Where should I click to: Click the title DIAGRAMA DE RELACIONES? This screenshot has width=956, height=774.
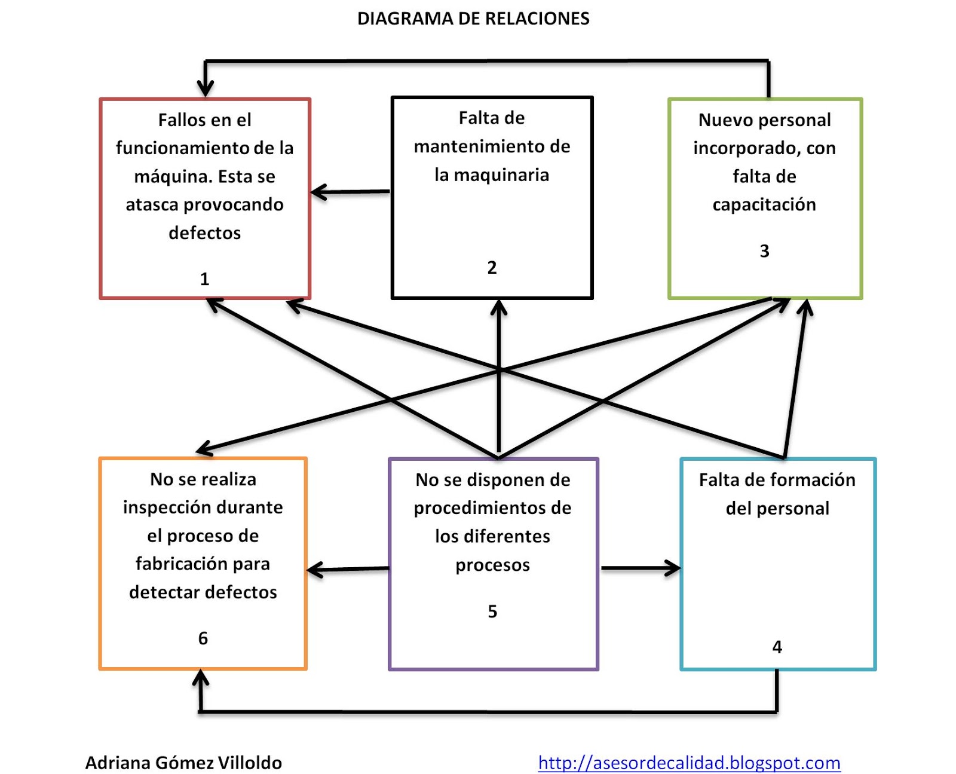pyautogui.click(x=473, y=19)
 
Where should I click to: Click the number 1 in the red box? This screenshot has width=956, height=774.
pyautogui.click(x=204, y=279)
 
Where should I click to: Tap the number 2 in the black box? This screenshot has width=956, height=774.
pyautogui.click(x=492, y=267)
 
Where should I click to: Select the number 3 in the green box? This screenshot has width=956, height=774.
pyautogui.click(x=764, y=251)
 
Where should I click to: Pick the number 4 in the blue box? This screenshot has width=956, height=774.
pyautogui.click(x=777, y=647)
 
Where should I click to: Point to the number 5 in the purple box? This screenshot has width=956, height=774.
pyautogui.click(x=492, y=611)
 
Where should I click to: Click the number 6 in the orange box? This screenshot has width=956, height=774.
pyautogui.click(x=203, y=638)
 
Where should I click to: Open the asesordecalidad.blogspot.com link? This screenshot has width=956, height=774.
pyautogui.click(x=689, y=763)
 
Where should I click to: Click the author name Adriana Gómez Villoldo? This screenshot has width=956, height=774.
pyautogui.click(x=183, y=763)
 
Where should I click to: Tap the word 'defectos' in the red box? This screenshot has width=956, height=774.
pyautogui.click(x=204, y=233)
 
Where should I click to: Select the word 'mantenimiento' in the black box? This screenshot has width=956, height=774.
pyautogui.click(x=475, y=146)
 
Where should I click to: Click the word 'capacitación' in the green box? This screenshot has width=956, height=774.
pyautogui.click(x=764, y=205)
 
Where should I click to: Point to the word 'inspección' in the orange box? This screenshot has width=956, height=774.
pyautogui.click(x=160, y=507)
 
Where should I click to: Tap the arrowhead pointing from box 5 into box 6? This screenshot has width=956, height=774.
pyautogui.click(x=314, y=570)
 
